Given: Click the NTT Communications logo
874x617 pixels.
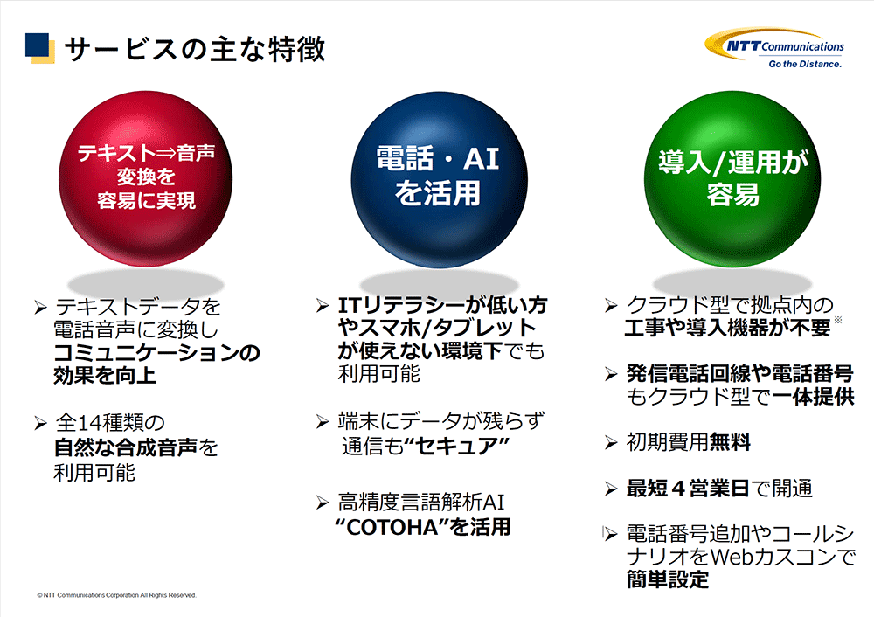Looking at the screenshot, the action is (x=774, y=48).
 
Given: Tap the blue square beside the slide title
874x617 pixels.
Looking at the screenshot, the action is (x=37, y=45).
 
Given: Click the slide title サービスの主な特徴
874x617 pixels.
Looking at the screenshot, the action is (x=195, y=49).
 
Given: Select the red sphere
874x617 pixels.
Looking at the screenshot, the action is (x=145, y=178).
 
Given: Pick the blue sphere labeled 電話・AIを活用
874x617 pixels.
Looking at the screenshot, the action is (x=439, y=179).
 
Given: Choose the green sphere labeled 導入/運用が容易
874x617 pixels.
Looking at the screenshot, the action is (x=732, y=178).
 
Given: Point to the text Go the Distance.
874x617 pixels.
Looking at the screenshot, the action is (x=805, y=64).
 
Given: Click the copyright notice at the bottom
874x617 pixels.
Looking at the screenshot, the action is (x=116, y=595).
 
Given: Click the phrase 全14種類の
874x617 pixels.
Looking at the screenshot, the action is (x=110, y=423).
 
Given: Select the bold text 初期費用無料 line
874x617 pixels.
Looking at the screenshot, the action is (x=689, y=442).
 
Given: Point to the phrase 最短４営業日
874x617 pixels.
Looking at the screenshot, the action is (x=689, y=489).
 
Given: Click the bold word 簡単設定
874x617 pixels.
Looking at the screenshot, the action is (x=668, y=579).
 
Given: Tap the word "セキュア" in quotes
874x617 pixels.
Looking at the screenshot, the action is (x=456, y=446).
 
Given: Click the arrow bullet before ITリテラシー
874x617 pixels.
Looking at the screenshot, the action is (x=323, y=305).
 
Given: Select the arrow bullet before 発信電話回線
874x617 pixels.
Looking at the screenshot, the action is (x=612, y=374).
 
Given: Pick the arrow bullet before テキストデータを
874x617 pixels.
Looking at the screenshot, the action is (x=41, y=307).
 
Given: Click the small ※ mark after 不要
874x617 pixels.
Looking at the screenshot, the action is (x=838, y=320).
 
